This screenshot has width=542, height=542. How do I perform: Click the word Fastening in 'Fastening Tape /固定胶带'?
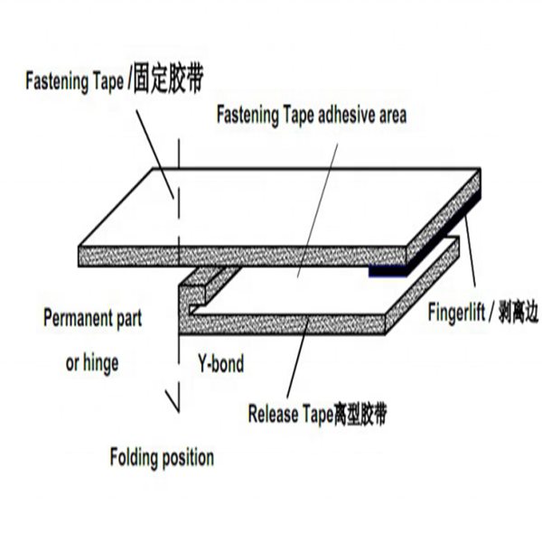click(56, 80)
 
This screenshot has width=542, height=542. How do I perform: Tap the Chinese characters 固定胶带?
click(166, 79)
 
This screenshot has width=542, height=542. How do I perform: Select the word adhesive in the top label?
click(339, 115)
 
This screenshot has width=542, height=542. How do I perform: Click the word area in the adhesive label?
click(389, 115)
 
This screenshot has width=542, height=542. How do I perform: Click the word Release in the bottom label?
click(273, 415)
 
